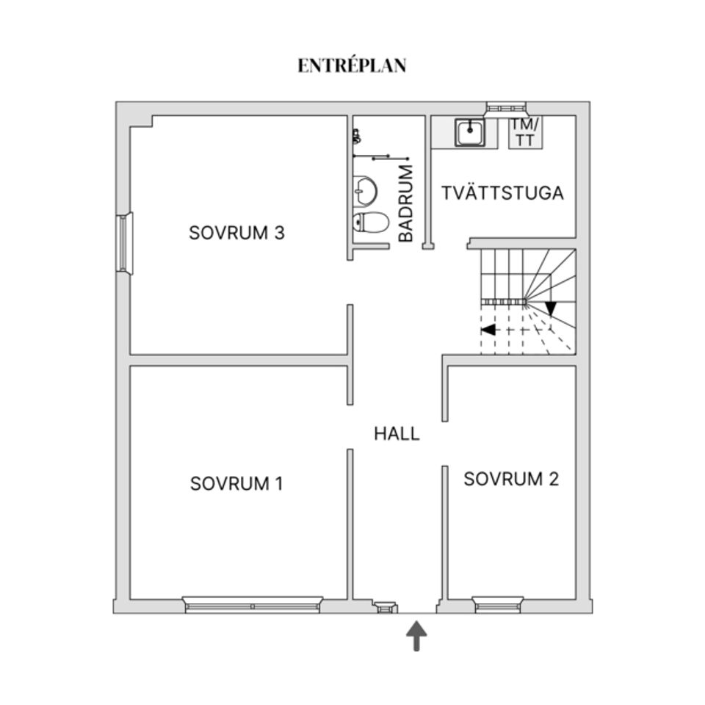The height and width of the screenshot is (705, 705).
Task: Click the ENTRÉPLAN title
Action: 352,65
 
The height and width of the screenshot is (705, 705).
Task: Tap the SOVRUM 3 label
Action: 237,233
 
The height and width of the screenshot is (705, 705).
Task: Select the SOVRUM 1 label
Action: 236,484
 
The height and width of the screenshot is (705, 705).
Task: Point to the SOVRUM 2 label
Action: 511,479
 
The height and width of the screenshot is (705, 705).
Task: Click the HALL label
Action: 397,434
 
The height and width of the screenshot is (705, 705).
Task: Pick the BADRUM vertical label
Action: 406,203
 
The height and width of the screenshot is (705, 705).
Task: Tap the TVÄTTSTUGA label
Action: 502,193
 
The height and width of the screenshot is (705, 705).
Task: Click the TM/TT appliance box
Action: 525,133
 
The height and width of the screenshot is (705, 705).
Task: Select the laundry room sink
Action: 470,133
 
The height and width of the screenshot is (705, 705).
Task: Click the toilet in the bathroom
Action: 370,222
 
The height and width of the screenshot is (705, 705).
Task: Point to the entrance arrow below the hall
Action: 417,635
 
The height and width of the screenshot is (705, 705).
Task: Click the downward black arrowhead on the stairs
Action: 551,308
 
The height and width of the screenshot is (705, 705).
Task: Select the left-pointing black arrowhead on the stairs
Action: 488,330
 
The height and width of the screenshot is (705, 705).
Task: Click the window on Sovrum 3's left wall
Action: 124,243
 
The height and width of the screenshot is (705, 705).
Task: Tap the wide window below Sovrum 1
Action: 252,604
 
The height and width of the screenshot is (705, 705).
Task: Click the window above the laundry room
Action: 506,106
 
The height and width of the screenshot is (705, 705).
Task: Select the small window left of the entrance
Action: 385,607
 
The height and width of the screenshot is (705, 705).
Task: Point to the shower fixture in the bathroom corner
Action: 357,136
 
